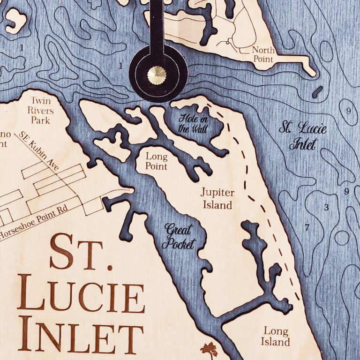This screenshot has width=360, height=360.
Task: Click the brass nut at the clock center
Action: coord(157,74)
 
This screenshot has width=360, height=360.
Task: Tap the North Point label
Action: coord(262,54)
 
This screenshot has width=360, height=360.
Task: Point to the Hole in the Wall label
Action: coord(193,123)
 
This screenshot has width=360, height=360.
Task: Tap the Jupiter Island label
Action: coord(216,198)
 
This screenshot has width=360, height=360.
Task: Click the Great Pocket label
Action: coord(179,236)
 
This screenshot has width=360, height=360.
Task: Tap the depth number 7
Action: coord(307,228)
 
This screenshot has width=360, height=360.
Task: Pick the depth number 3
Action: coord(326,207)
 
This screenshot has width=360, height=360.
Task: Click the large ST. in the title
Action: coord(82,253)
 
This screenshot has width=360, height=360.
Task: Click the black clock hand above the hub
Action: coord(157,28)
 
